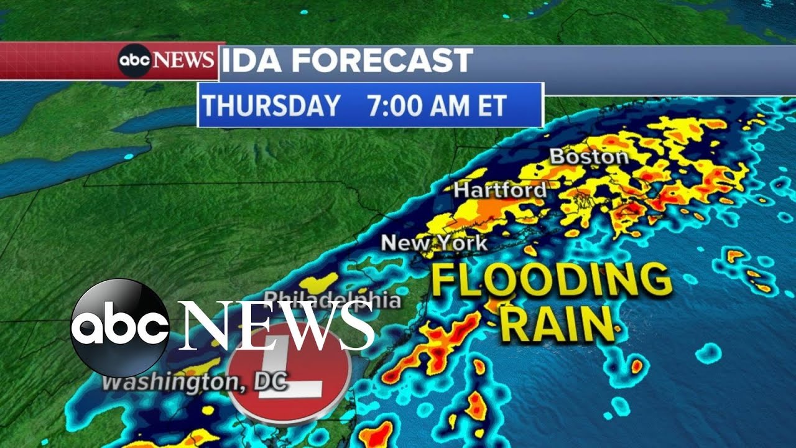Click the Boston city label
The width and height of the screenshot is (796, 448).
coord(589,157)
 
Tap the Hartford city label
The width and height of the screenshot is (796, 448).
coord(501,190)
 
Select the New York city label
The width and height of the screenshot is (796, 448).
coord(434,243)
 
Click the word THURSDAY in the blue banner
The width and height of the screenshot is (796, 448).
coord(271,105)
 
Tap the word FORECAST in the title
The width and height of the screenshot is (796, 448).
coord(382,61)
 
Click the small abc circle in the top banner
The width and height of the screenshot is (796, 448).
coord(135,61)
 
